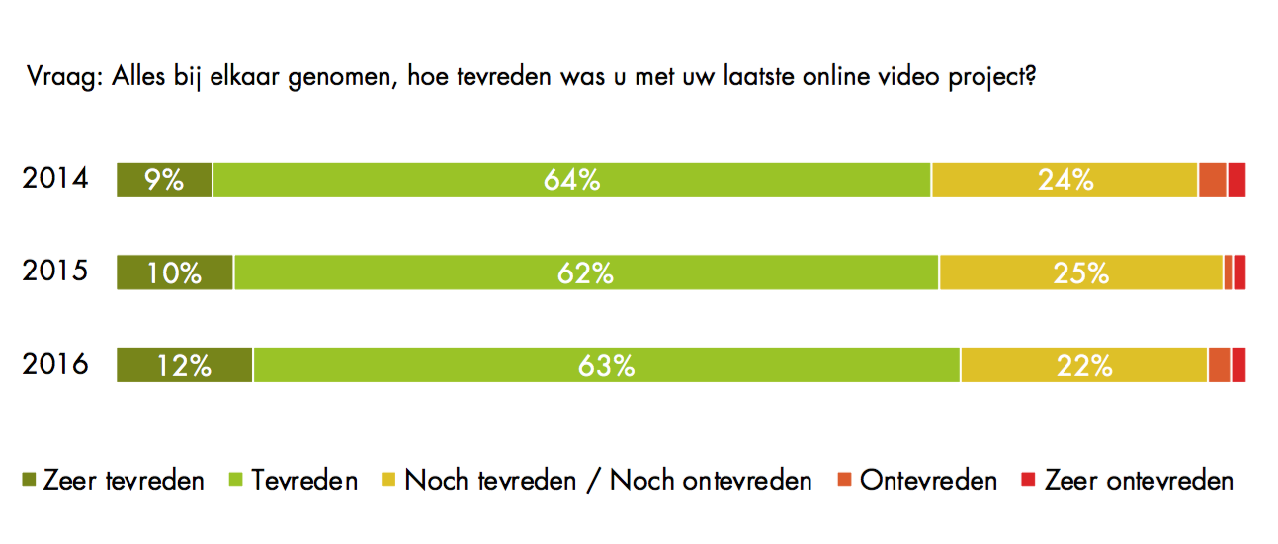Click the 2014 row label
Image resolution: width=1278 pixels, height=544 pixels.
click(x=55, y=180)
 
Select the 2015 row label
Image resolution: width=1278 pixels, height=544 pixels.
click(x=55, y=272)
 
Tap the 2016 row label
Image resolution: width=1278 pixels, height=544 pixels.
click(x=55, y=365)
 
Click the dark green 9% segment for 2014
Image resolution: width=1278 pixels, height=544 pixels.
click(x=164, y=181)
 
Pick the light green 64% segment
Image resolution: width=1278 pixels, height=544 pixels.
click(x=571, y=181)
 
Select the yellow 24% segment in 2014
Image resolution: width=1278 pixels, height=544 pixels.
click(x=1065, y=181)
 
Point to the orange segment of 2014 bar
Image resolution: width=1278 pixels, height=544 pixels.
click(x=1213, y=181)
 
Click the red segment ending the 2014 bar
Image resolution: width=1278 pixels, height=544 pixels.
click(x=1236, y=181)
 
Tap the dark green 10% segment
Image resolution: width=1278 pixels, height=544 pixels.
click(x=175, y=272)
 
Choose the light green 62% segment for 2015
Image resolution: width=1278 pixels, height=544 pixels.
click(x=586, y=272)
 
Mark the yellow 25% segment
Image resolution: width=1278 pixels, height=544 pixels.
click(x=1081, y=272)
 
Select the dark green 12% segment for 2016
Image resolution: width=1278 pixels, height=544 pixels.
click(x=185, y=365)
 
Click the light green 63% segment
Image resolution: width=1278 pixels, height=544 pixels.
click(x=607, y=365)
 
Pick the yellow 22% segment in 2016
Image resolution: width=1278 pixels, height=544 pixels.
click(x=1084, y=365)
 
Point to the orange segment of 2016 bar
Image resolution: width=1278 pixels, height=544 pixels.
click(x=1219, y=365)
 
